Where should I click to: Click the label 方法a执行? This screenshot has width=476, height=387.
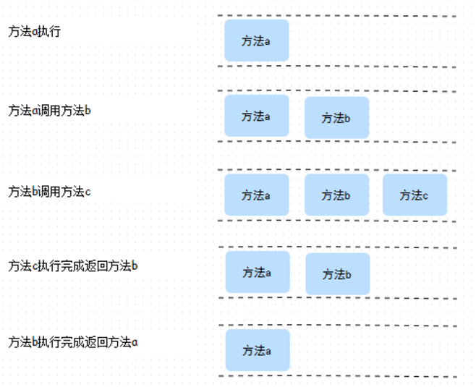coord(34,32)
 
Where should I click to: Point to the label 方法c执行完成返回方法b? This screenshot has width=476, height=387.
coord(72,266)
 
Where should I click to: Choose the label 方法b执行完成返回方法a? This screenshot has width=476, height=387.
coord(72,342)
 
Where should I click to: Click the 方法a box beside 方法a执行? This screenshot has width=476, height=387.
coord(256,41)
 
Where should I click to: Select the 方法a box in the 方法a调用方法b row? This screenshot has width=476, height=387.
coord(256,116)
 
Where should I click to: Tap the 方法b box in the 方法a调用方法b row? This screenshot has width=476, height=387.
coord(336,117)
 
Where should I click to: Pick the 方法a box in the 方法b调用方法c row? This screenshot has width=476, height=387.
coord(256,195)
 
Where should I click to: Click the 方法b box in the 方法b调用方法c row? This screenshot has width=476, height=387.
coord(336,195)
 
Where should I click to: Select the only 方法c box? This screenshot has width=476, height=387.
coord(415,195)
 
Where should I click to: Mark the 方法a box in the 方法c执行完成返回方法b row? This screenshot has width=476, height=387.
coord(257,272)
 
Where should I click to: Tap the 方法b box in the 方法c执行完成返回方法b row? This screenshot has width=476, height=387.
coord(337,274)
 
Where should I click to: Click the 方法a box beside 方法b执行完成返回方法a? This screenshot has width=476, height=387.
coord(257,350)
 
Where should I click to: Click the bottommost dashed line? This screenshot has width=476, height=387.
coord(336,376)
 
